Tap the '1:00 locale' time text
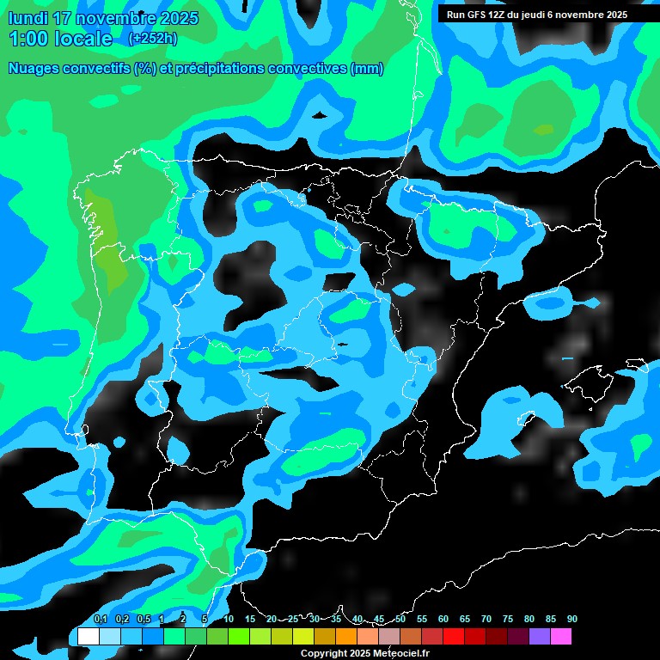[x=60, y=39]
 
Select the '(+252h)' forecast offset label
[x=152, y=38]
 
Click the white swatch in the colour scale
[x=88, y=636]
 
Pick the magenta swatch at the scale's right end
[x=561, y=636]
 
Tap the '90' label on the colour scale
[x=571, y=619]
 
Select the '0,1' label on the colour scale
[x=100, y=619]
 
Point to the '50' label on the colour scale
[x=400, y=619]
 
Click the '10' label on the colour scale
[x=229, y=619]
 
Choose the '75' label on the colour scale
[x=508, y=619]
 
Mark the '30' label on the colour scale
[x=315, y=619]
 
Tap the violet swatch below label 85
[x=540, y=636]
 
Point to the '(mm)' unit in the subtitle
[x=367, y=69]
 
